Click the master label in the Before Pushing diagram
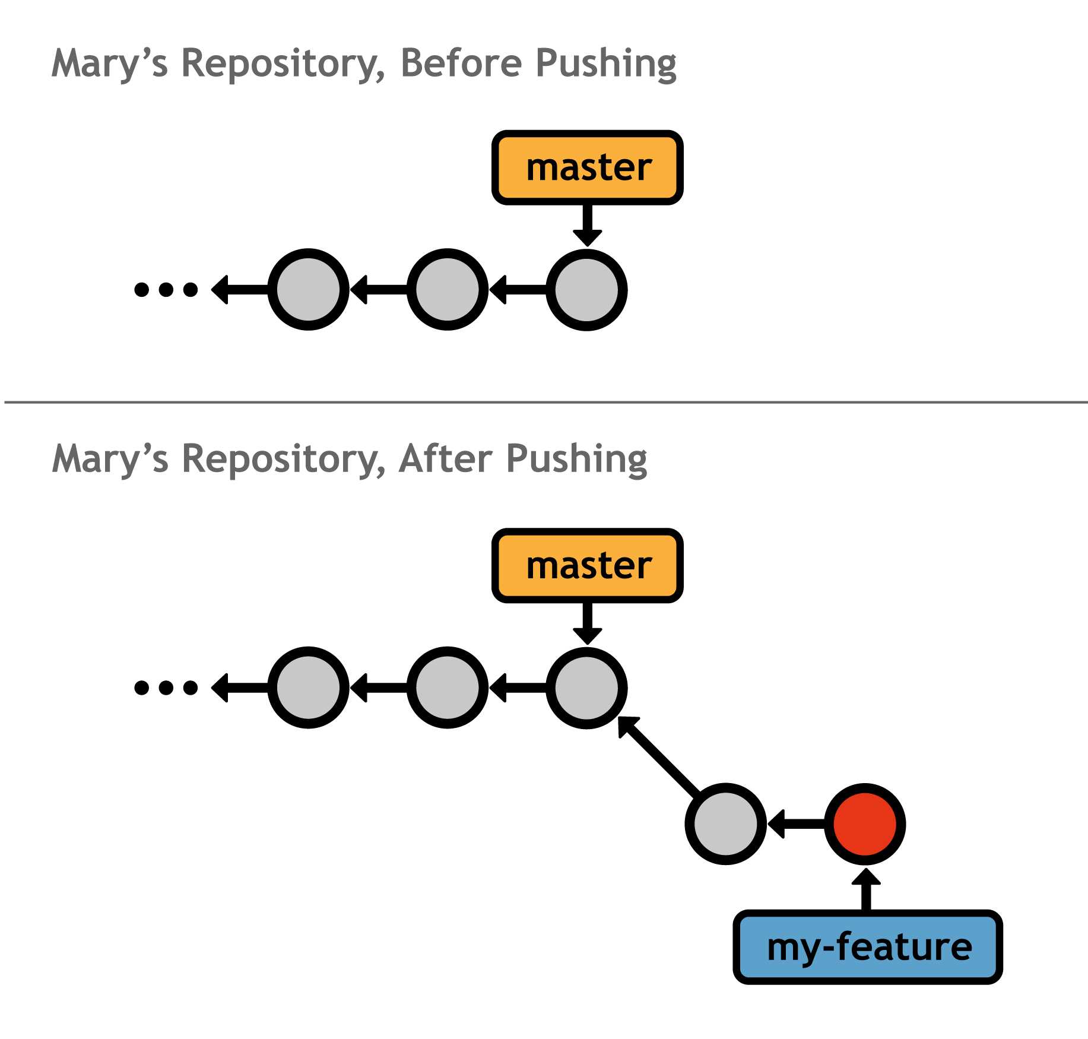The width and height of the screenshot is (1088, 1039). pos(587,168)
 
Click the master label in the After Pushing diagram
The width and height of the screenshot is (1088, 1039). pos(587,566)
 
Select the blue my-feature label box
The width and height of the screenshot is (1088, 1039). pos(868,947)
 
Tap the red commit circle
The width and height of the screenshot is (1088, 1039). pos(865,824)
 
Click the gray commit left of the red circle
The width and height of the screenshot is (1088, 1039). pos(725,824)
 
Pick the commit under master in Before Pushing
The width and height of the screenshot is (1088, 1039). pos(586,290)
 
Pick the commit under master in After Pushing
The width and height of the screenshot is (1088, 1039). pos(586,688)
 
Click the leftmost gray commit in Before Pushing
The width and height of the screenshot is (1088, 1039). pos(308,290)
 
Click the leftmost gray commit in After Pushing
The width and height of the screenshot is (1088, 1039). pos(308,688)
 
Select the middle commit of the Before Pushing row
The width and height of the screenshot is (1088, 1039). pos(447,290)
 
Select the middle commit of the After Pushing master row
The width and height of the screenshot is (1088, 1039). pos(447,688)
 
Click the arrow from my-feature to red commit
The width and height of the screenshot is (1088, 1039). pos(866,891)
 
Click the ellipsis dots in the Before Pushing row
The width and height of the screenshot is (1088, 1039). pos(166,290)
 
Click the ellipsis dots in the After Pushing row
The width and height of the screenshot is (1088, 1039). pos(166,688)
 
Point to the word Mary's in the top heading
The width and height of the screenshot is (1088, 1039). pos(110,64)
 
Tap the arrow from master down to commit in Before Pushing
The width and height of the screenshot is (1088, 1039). pos(587,224)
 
